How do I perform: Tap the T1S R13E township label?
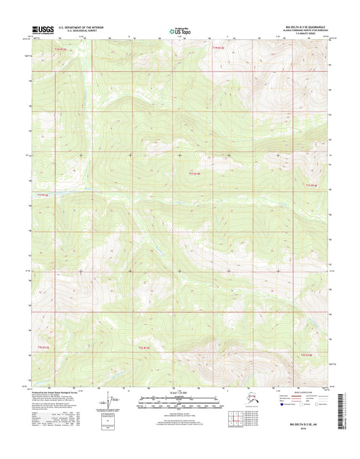(x=195, y=174)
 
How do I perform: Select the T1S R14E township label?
(x=310, y=185)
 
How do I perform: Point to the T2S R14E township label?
(x=307, y=354)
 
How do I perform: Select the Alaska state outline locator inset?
(x=252, y=404)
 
